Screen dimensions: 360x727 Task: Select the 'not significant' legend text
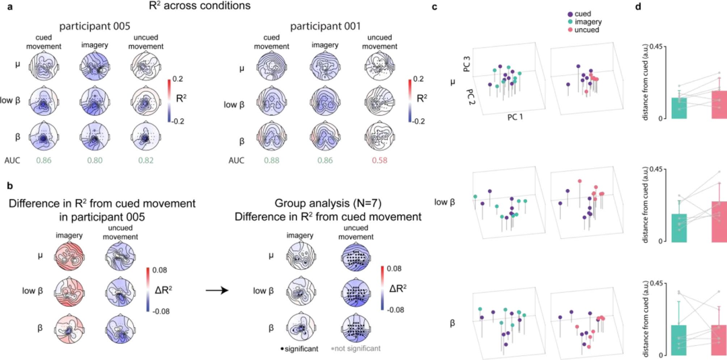coord(357,349)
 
